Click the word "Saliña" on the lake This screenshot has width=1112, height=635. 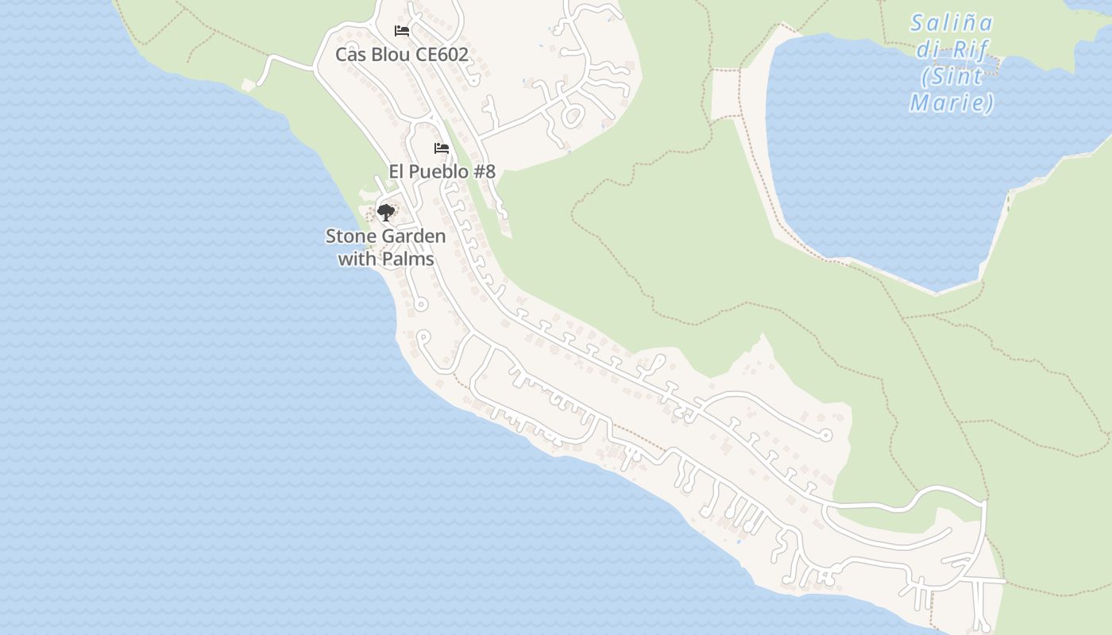tap(952, 23)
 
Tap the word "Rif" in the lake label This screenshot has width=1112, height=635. tap(971, 50)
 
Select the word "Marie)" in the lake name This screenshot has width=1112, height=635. tap(952, 103)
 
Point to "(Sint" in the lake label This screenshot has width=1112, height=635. tap(952, 77)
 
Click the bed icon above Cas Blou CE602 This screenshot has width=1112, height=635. tap(402, 31)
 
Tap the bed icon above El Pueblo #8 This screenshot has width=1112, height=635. tap(442, 148)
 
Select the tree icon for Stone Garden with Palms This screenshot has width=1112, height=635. tap(385, 212)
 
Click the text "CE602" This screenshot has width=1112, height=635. tap(442, 55)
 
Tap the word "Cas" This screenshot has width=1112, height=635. tap(349, 55)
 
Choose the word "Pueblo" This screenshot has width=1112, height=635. tap(440, 171)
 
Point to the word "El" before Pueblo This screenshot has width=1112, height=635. tap(397, 171)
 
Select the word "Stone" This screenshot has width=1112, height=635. tap(351, 237)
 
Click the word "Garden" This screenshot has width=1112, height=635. tap(414, 237)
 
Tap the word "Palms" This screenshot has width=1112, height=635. tap(408, 259)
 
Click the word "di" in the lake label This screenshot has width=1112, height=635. tap(929, 50)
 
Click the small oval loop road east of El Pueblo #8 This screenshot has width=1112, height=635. tap(572, 117)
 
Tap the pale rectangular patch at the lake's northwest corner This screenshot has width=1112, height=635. tap(725, 94)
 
